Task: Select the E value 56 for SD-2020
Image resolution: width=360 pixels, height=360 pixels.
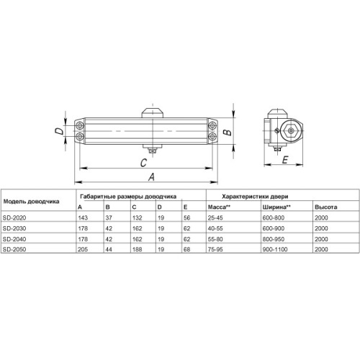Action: point(188,218)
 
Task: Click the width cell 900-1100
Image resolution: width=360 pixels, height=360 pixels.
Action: point(278,249)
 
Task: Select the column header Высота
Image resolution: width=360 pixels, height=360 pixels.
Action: point(324,207)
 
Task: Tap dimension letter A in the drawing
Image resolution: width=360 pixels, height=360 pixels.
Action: point(152,176)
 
